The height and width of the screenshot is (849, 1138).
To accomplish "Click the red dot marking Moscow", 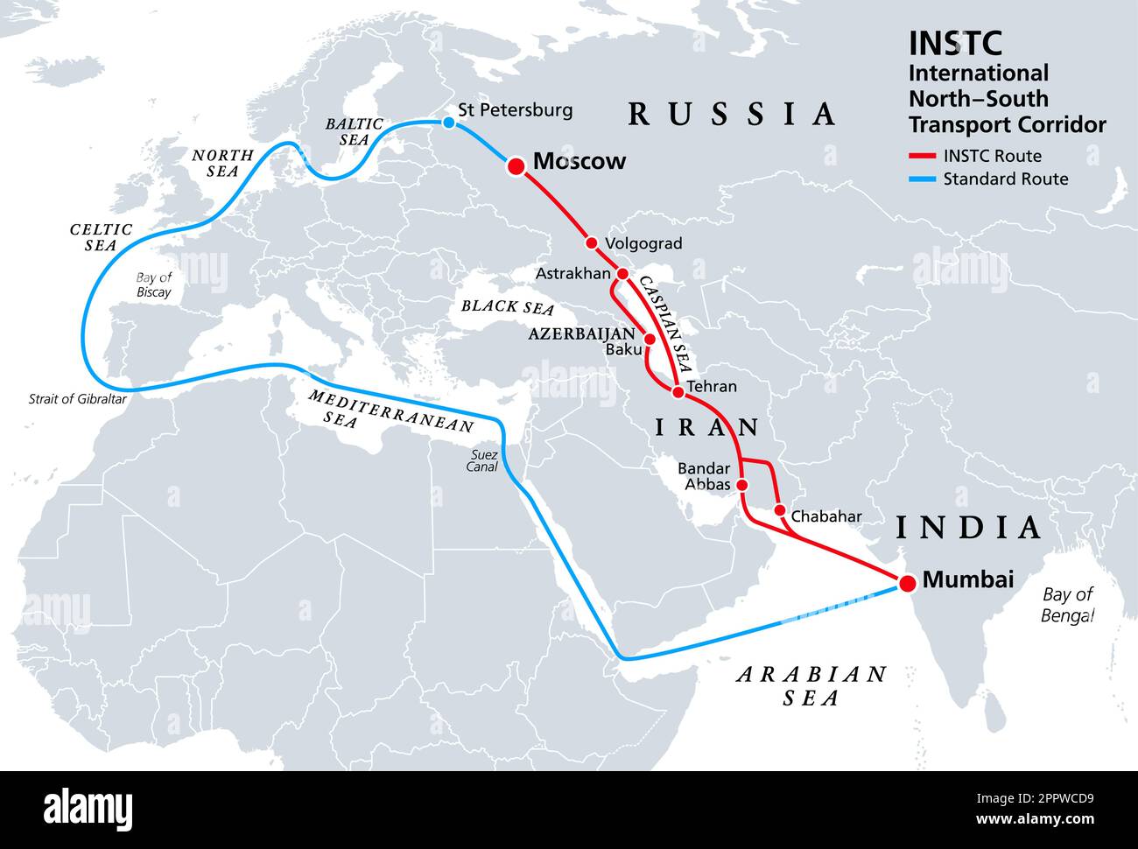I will pyautogui.click(x=516, y=165).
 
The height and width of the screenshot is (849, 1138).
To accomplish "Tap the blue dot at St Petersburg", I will pyautogui.click(x=449, y=123).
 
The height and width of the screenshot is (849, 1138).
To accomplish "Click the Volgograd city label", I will pyautogui.click(x=643, y=244).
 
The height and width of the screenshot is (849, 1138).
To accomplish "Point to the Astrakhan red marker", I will pyautogui.click(x=622, y=274).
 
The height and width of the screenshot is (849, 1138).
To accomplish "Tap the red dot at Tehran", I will pyautogui.click(x=678, y=392).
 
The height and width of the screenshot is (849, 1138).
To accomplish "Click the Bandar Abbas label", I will pyautogui.click(x=704, y=476).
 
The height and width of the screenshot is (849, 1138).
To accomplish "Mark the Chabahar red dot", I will pyautogui.click(x=780, y=510).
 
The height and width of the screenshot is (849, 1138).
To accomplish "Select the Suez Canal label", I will pyautogui.click(x=482, y=460).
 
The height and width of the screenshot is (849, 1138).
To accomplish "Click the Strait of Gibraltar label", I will pyautogui.click(x=78, y=399).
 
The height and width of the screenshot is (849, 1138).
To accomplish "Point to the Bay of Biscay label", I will pyautogui.click(x=153, y=285).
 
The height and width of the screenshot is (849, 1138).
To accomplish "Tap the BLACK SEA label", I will pyautogui.click(x=508, y=307).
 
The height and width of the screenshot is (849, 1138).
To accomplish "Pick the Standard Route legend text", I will pyautogui.click(x=1005, y=179).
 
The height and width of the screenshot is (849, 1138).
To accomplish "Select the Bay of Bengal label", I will pyautogui.click(x=1068, y=605).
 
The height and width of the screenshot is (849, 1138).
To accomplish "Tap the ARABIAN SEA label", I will pyautogui.click(x=811, y=685).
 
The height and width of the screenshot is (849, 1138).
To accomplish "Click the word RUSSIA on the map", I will pyautogui.click(x=732, y=114).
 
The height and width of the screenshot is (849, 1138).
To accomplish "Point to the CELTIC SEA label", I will pyautogui.click(x=101, y=237).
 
